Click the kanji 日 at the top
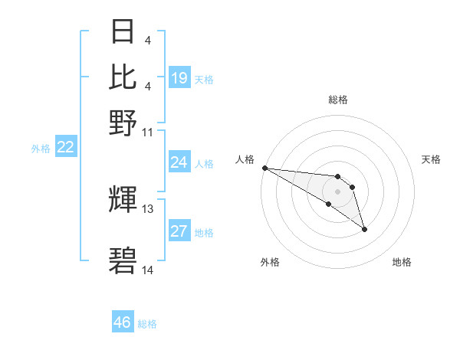pyautogui.click(x=123, y=32)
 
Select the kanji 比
pyautogui.click(x=123, y=77)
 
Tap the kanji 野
pyautogui.click(x=123, y=123)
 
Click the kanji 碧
pyautogui.click(x=123, y=261)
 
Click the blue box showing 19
pyautogui.click(x=179, y=77)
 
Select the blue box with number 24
pyautogui.click(x=179, y=162)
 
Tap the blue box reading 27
pyautogui.click(x=179, y=232)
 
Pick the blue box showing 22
pyautogui.click(x=65, y=148)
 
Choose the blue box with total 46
pyautogui.click(x=123, y=322)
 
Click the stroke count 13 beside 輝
pyautogui.click(x=148, y=208)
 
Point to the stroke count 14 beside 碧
pyautogui.click(x=148, y=270)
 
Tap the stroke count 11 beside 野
pyautogui.click(x=148, y=132)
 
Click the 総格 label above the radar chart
pyautogui.click(x=338, y=100)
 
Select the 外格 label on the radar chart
pyautogui.click(x=270, y=262)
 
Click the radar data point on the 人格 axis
pyautogui.click(x=264, y=168)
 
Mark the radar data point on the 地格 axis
pyautogui.click(x=364, y=229)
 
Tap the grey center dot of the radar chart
pyautogui.click(x=337, y=191)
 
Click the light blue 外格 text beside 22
pyautogui.click(x=41, y=149)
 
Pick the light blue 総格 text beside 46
pyautogui.click(x=147, y=324)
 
